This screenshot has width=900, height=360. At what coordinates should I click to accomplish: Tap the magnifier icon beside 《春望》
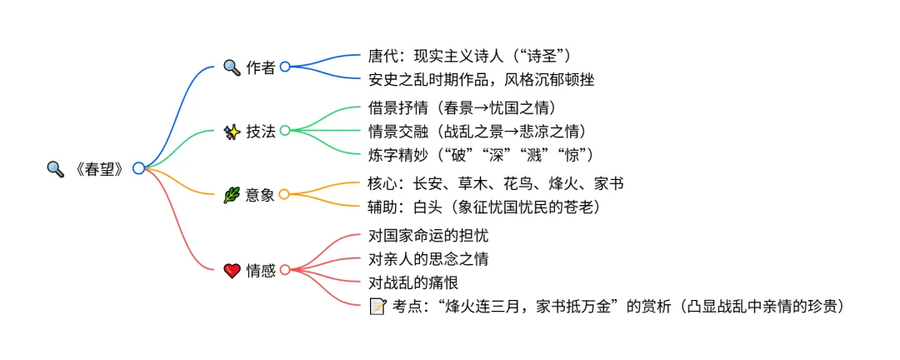click(x=55, y=168)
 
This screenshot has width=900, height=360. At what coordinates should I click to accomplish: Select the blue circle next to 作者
click(x=285, y=67)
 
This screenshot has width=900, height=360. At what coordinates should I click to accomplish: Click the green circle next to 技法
click(x=285, y=131)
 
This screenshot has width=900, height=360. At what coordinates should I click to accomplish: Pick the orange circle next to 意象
click(x=284, y=195)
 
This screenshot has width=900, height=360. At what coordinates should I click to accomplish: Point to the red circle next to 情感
click(x=285, y=270)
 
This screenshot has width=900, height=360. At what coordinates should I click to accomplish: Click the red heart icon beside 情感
click(x=232, y=270)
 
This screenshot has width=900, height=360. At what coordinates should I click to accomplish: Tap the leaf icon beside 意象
click(x=232, y=195)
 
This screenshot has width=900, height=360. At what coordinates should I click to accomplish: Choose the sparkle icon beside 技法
click(x=232, y=131)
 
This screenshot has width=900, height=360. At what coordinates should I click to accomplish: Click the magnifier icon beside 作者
click(x=232, y=67)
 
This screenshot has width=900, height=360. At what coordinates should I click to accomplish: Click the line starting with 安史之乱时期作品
click(x=481, y=79)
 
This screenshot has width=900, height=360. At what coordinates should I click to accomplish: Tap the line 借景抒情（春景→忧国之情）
click(x=462, y=109)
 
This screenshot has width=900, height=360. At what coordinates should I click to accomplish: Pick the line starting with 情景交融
click(x=477, y=132)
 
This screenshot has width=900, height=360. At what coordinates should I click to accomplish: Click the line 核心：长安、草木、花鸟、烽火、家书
click(x=496, y=184)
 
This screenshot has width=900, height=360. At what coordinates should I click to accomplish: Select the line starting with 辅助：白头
click(x=484, y=207)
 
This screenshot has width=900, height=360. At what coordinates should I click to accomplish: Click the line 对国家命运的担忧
click(x=428, y=237)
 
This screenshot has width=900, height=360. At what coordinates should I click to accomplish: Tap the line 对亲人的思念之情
click(x=428, y=259)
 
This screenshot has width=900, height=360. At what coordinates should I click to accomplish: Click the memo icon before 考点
click(x=377, y=306)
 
